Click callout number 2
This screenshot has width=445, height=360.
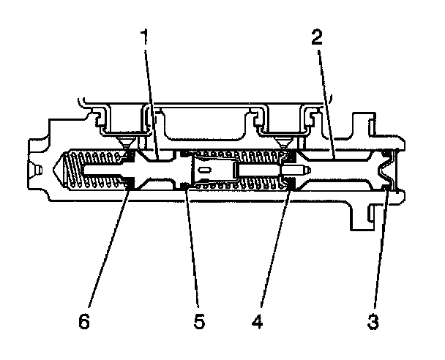pyautogui.click(x=317, y=38)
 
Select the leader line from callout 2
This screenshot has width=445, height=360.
pyautogui.click(x=325, y=102)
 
